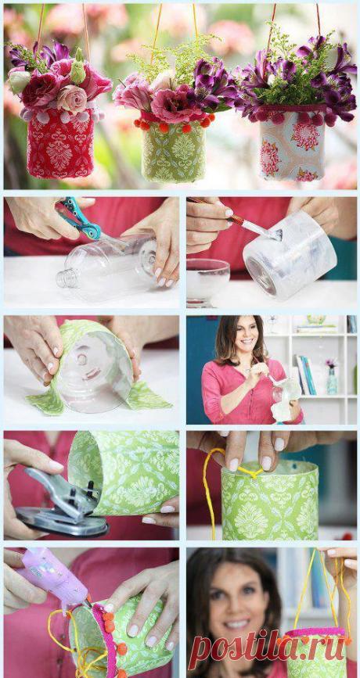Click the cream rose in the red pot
coord(72,98)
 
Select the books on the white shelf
coord(306,375)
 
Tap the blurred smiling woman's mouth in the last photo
coord(236,624)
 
